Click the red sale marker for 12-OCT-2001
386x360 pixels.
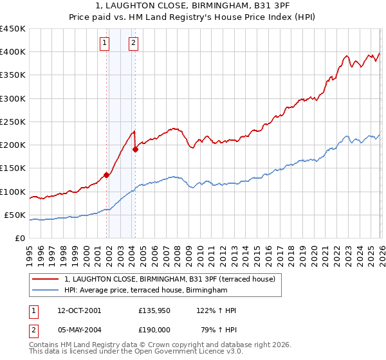coord(106,175)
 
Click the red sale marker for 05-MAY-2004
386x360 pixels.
coord(135,150)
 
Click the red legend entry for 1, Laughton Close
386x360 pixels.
coord(170,279)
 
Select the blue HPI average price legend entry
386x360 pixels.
coord(146,291)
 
